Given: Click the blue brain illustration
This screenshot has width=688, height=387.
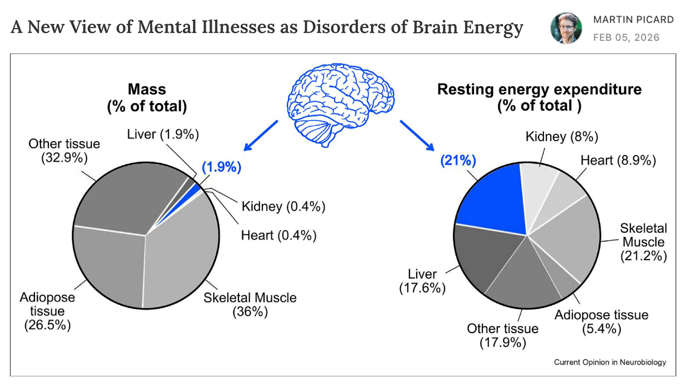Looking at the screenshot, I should pos(340,103).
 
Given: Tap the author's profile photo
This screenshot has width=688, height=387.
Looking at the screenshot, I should pos(566,28).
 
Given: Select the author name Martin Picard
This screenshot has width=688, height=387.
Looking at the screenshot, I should pos(633,20).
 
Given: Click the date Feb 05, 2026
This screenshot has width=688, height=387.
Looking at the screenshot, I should pos(626,38).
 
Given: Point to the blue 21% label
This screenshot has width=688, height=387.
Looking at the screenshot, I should pos(458,160).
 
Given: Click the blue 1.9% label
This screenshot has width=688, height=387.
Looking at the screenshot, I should pos(221,167).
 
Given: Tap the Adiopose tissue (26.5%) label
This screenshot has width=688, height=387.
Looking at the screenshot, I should pos(47,311).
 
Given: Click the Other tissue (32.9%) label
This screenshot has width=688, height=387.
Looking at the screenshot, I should pos(64,151).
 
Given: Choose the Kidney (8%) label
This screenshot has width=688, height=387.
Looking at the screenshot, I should pos(561,137).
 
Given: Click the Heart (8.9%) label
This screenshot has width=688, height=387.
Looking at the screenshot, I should pos(618,160).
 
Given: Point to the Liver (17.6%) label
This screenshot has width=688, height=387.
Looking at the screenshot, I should pos(422,281).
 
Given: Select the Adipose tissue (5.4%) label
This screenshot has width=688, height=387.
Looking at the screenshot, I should pos(601,322).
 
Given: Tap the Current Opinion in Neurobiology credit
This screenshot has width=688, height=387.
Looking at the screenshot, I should pos(610,362).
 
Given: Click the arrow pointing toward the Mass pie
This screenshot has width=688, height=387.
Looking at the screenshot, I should pos(260,136).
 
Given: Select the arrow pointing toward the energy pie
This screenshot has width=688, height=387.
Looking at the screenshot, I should pos(417,136).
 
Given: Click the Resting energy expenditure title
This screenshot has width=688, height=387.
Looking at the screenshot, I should pos(539,97).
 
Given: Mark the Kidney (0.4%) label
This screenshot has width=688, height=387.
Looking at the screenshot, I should pos(283,207).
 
